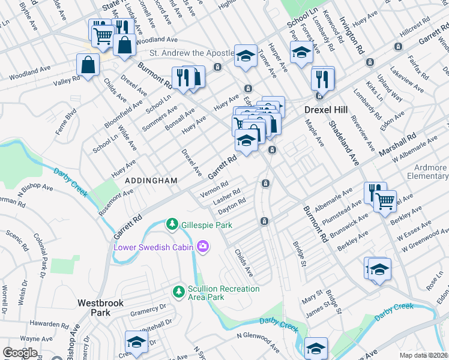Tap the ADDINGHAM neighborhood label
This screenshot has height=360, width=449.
pos(151,180)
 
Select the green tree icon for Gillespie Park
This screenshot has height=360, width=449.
pos(172,224)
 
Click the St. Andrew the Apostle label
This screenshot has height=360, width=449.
pos(183,53)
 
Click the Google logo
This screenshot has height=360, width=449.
pos(20,353)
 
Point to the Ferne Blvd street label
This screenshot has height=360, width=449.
pos(65,120)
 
